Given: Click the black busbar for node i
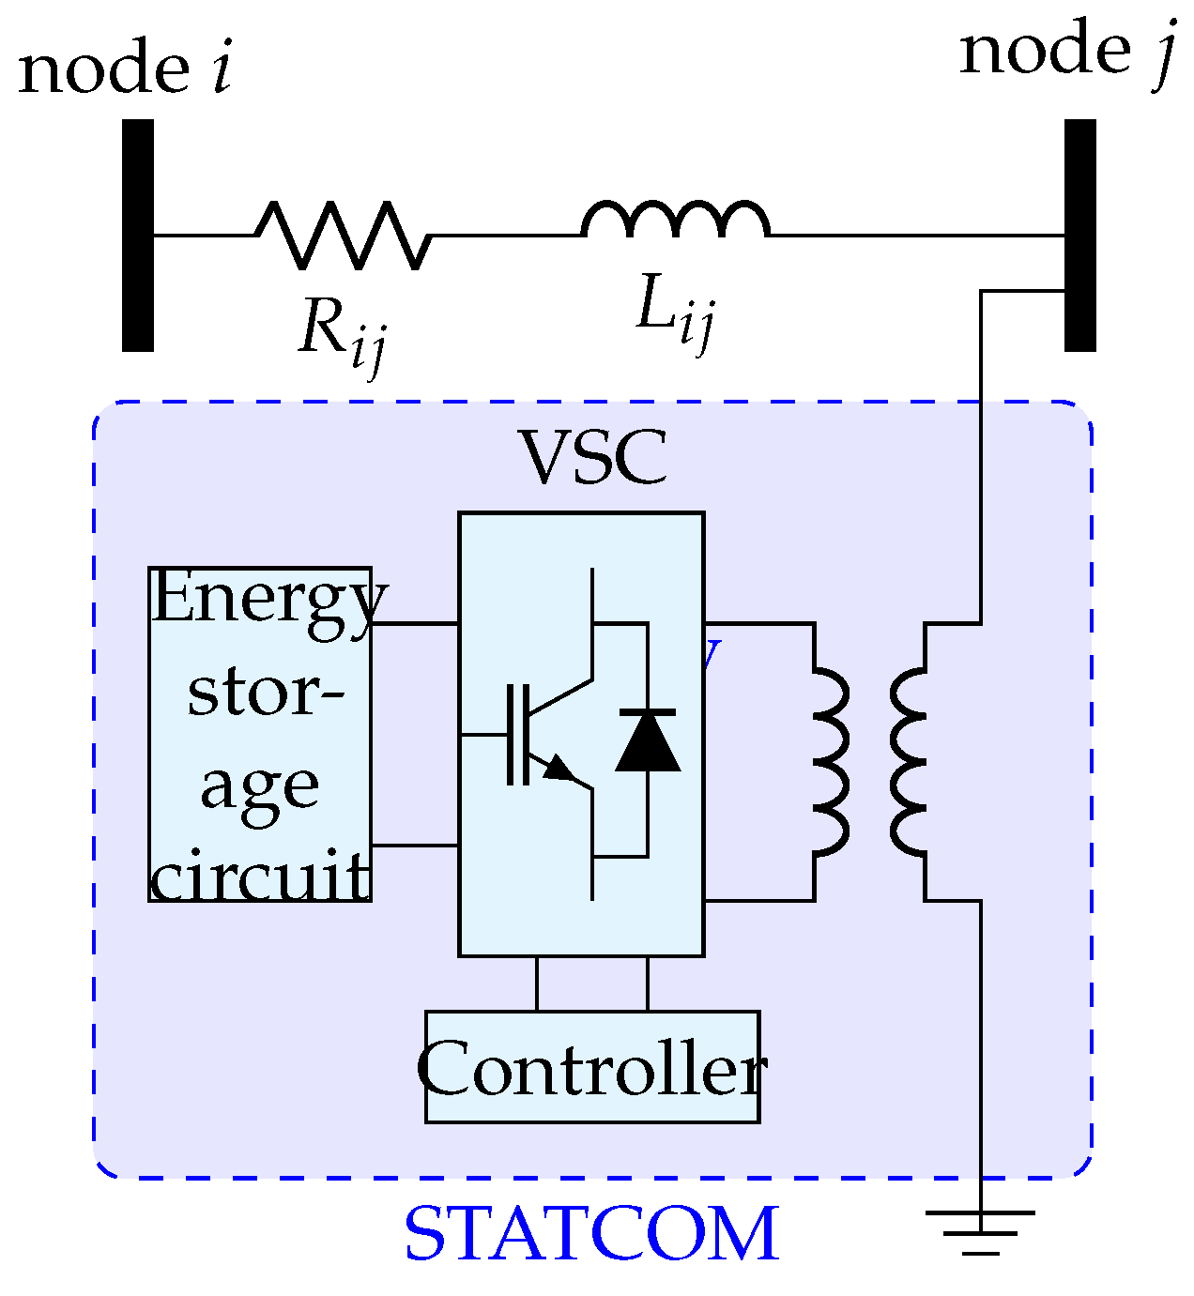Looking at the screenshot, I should coord(137,235).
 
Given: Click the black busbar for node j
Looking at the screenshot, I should coord(1079,235).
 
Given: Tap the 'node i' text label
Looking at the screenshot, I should coord(125,69).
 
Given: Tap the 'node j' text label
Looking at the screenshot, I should coord(1066,51).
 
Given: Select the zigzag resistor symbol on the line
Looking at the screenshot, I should coord(343,235).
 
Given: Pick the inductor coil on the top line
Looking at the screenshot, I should coord(676,220).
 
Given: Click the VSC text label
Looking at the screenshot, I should coord(593,458).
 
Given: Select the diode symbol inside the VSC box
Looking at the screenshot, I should coord(648,741).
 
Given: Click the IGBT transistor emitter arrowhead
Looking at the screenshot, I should coord(560,769).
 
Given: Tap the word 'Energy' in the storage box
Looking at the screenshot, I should coord(268,599).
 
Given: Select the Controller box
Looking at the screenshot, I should coord(592,1067).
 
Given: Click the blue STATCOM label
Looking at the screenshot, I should coord(591,1234).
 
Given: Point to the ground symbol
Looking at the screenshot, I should coord(980,1229).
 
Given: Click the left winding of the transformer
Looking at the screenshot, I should coord(830,761).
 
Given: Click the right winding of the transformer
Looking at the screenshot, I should coord(909,761).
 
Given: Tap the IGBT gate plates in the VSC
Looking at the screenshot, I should coord(517,734).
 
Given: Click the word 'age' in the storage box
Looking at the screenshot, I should coord(260,786).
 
